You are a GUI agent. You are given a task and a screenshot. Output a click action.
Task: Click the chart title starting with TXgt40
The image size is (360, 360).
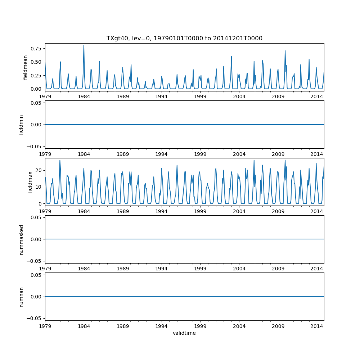(184, 38)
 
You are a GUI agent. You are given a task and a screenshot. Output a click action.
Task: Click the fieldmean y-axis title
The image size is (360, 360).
(25, 67)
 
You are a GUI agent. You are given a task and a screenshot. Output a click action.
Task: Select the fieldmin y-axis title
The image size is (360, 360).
(21, 125)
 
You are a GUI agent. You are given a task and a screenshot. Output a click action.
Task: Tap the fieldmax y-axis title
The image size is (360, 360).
(30, 182)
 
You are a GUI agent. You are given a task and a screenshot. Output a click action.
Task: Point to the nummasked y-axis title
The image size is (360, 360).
(21, 239)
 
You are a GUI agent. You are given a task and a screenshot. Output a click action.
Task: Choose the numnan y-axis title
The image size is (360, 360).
(21, 297)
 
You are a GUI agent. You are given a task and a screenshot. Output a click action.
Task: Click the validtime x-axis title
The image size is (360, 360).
(184, 333)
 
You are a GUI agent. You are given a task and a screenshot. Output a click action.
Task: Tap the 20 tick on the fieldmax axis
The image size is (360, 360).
(39, 170)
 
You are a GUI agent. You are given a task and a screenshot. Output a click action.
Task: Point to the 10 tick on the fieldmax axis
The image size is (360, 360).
(39, 187)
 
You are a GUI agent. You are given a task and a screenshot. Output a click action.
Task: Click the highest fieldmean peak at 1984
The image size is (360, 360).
(84, 45)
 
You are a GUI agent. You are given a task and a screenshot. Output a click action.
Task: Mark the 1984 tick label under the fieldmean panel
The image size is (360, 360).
(84, 96)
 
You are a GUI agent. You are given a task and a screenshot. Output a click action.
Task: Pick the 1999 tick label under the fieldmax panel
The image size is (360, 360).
(200, 211)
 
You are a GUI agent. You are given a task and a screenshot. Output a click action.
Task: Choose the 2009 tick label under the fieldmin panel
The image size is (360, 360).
(278, 154)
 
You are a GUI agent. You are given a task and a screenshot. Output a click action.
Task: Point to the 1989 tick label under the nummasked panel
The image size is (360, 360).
(123, 269)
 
